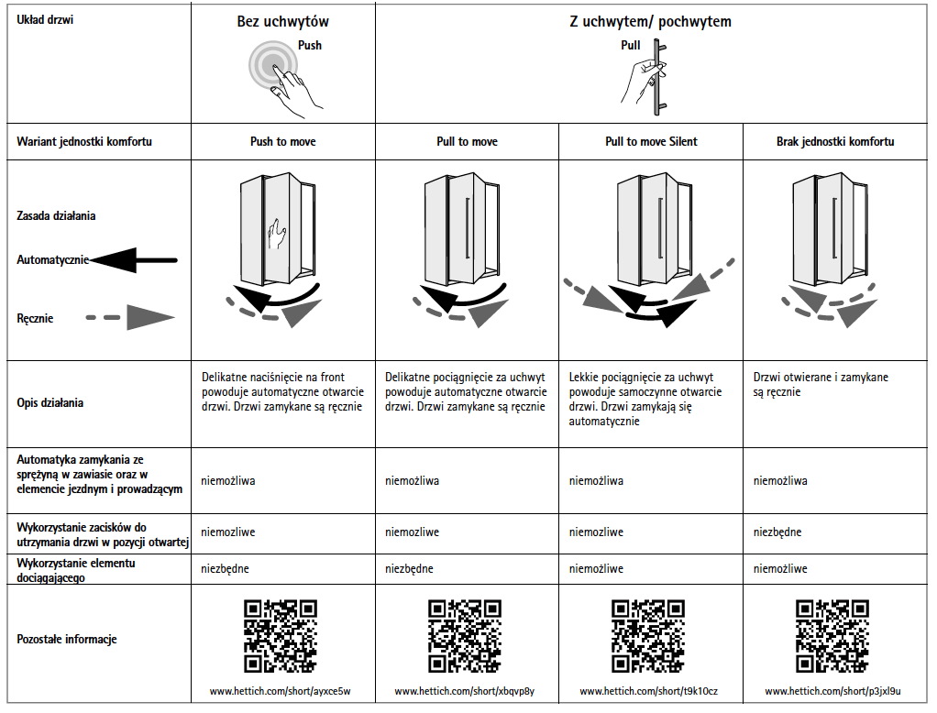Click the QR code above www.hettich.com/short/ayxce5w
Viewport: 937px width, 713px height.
(x=281, y=637)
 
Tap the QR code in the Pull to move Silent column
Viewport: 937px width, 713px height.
(x=648, y=637)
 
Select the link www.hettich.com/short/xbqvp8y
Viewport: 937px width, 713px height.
(x=464, y=691)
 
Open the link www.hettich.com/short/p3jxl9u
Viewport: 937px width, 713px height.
(x=832, y=691)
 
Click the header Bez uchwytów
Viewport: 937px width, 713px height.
(x=282, y=22)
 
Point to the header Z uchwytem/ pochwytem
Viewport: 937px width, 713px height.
(x=650, y=22)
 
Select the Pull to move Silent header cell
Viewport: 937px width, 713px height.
(x=651, y=141)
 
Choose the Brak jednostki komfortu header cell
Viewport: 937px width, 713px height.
(x=835, y=141)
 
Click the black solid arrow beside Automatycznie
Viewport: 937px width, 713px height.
(x=133, y=260)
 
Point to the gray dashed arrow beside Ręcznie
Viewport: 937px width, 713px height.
(x=129, y=318)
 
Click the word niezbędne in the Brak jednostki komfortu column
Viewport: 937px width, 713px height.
(x=777, y=532)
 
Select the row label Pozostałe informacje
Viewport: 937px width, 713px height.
(x=66, y=640)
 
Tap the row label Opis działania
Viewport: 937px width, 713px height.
(x=50, y=403)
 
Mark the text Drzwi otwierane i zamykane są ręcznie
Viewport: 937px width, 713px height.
(x=821, y=385)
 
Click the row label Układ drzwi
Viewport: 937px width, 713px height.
(x=45, y=20)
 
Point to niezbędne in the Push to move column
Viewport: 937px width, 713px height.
(x=225, y=569)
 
